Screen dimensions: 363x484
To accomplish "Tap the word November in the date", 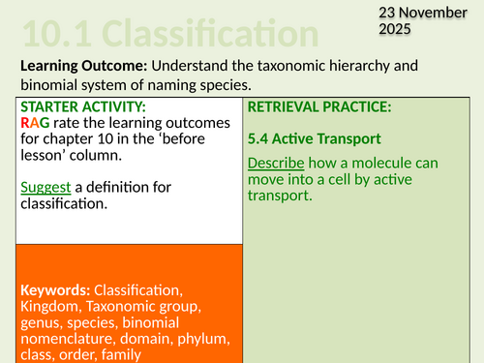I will pyautogui.click(x=426, y=12).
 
